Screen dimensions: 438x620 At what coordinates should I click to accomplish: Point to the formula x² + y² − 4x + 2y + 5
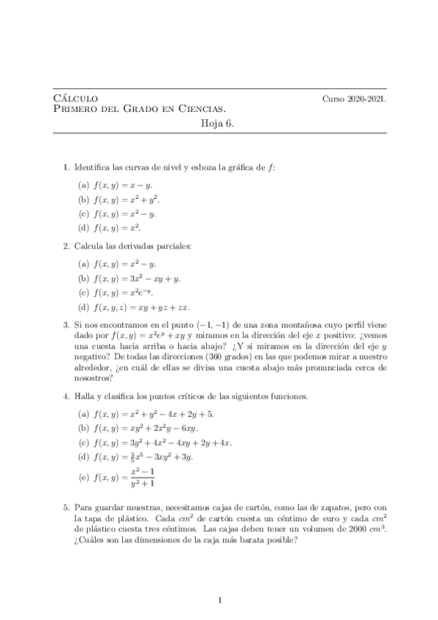[161, 414]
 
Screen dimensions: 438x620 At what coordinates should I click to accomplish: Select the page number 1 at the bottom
[219, 601]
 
